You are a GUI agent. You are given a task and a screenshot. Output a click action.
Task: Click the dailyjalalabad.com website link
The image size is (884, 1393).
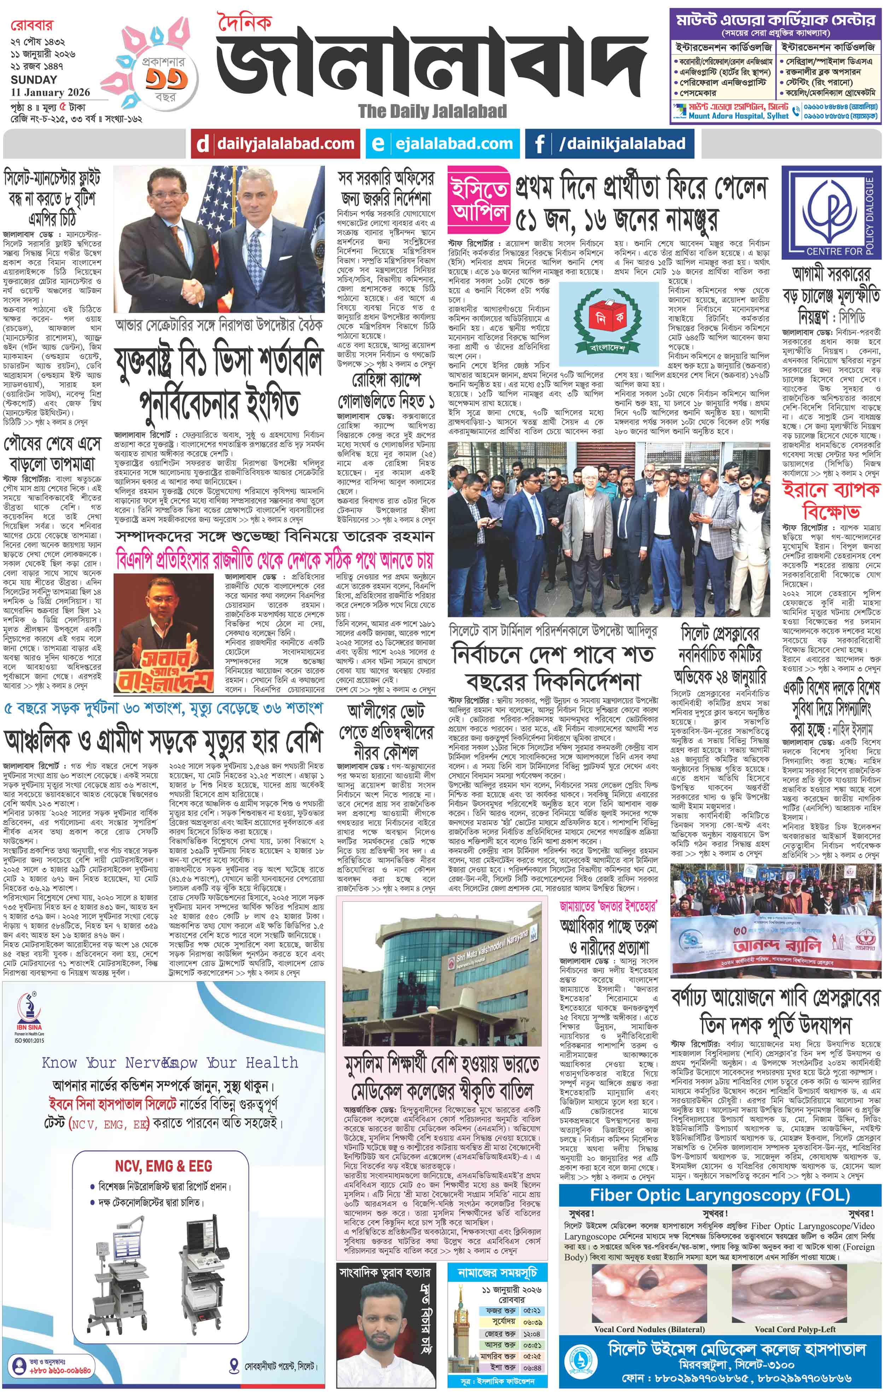(x=285, y=144)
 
